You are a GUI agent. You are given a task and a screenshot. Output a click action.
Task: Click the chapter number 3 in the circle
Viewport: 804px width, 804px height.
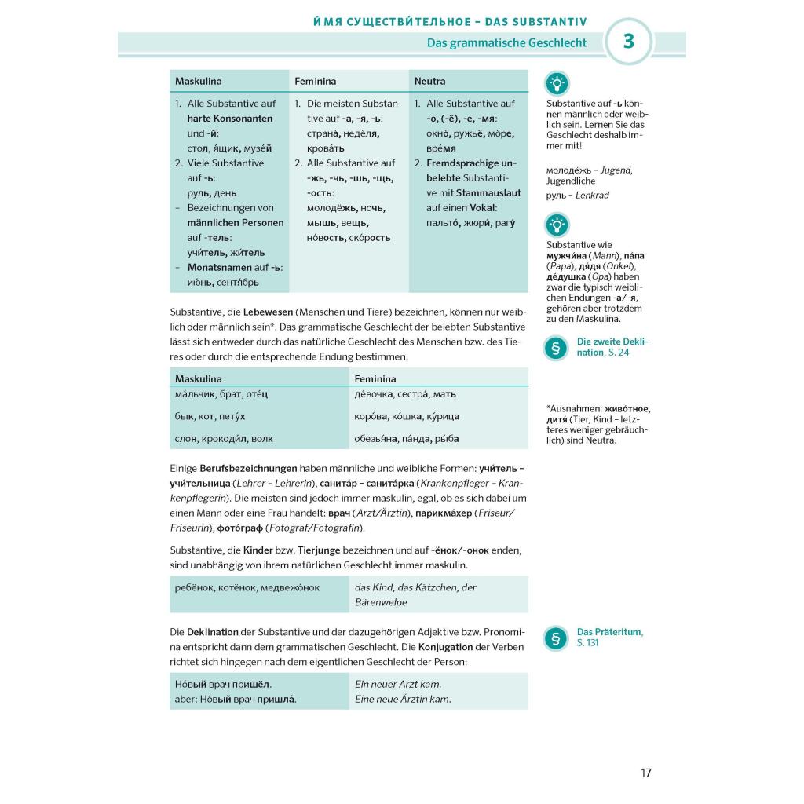(x=628, y=42)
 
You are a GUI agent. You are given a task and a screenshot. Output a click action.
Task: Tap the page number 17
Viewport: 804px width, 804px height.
(x=646, y=773)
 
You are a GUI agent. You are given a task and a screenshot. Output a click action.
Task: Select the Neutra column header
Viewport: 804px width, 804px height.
(x=429, y=81)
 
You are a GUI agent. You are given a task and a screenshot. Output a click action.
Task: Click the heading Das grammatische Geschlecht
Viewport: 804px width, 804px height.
(x=506, y=43)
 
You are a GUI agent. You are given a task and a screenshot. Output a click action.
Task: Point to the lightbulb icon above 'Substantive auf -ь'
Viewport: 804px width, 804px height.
(x=557, y=83)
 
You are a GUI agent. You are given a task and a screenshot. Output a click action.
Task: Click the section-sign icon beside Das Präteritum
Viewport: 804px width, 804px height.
(x=556, y=638)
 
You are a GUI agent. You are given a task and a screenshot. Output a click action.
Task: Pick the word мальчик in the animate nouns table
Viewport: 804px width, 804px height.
(x=194, y=394)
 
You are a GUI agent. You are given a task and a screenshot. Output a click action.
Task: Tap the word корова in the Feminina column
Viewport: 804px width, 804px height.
(x=372, y=416)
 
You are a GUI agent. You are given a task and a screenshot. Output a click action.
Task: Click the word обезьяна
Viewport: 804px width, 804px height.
(x=376, y=439)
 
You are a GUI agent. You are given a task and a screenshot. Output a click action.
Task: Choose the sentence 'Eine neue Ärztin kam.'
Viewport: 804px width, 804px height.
(x=403, y=699)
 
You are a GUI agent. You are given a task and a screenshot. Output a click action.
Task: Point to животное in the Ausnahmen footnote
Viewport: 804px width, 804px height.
(x=625, y=409)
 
